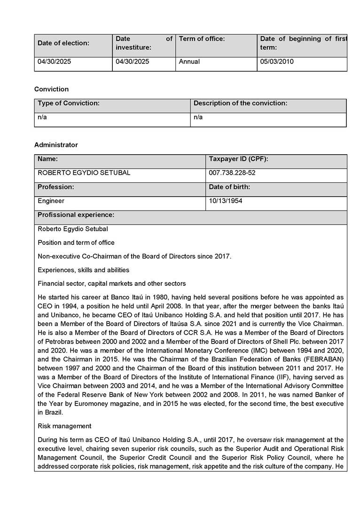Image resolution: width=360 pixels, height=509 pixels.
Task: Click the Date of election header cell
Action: point(63,43)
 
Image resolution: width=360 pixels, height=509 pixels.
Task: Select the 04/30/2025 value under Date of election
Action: point(55,62)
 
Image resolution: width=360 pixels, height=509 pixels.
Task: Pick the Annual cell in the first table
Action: point(190,62)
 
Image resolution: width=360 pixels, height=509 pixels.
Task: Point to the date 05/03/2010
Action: point(277,62)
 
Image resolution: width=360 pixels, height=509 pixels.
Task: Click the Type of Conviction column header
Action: point(69,103)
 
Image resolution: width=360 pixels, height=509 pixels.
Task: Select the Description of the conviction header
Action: point(241,103)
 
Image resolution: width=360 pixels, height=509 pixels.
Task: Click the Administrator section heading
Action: point(56,145)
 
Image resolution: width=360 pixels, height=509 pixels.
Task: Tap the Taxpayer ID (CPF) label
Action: point(238,159)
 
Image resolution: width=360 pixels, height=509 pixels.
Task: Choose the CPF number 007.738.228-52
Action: point(232,173)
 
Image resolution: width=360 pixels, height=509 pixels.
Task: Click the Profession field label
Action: point(56,187)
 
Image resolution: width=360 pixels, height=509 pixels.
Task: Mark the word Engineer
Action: point(51,201)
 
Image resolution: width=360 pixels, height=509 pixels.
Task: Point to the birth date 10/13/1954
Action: point(226,201)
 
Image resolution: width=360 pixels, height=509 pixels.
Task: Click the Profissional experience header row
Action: point(76,215)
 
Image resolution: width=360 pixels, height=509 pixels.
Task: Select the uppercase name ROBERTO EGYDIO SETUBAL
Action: point(84,173)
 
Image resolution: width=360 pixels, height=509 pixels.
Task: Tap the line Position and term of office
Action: point(76,243)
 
